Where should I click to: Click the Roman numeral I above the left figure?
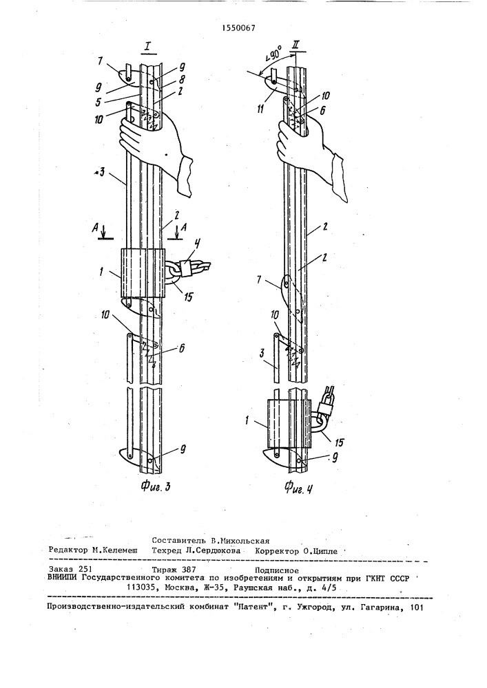click(147, 47)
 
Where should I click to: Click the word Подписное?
click(276, 570)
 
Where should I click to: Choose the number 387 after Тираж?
click(187, 570)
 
